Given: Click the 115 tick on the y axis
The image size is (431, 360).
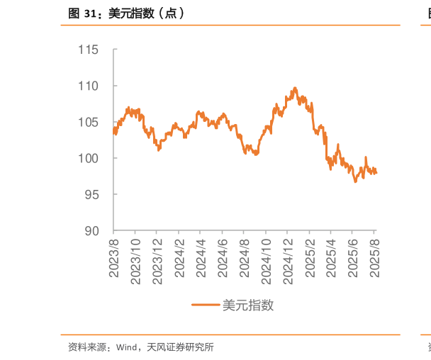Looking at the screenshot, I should coord(89,50).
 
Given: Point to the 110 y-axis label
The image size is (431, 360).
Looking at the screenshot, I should coord(89,86).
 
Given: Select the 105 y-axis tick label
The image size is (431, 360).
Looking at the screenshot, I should coord(89,122).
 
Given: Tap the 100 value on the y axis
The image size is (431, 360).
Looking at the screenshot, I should coord(89,158).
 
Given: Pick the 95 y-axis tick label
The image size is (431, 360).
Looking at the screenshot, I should coord(92,194).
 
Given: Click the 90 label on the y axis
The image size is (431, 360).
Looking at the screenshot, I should coord(92,231).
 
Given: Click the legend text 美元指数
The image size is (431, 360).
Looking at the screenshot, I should coord(248,305).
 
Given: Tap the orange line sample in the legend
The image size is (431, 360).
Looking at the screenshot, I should coord(206,305).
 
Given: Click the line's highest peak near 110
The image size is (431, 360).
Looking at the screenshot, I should coord(295,89).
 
